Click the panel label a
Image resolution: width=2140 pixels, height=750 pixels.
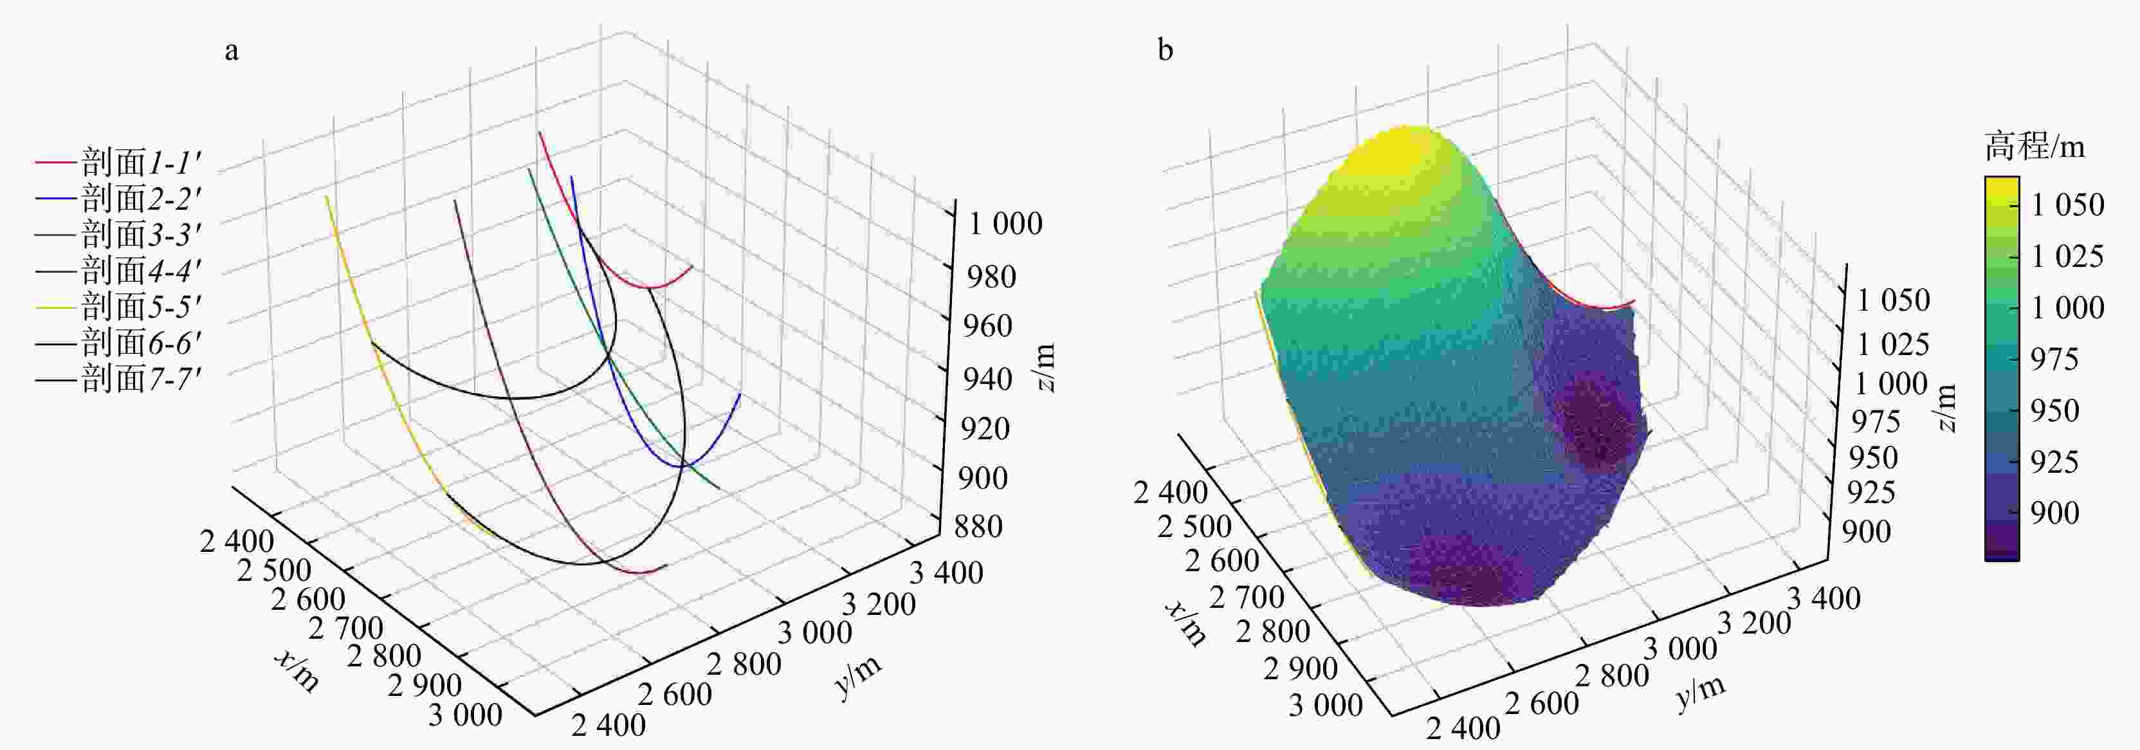point(232,51)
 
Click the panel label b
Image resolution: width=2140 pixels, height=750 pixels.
point(1165,51)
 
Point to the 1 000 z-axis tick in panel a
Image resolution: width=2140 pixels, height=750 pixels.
point(1005,223)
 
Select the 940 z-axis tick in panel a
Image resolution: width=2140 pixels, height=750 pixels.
point(987,379)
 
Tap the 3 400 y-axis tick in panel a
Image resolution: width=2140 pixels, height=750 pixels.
point(946,572)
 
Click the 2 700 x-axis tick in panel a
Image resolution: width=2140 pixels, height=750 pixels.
point(345,627)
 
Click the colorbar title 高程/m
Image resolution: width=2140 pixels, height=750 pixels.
point(2035,147)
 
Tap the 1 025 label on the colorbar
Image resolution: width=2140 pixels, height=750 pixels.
point(2067,256)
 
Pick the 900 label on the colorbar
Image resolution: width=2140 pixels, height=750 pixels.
point(2054,513)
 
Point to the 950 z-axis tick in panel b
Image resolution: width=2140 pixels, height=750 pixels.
point(1873,457)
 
